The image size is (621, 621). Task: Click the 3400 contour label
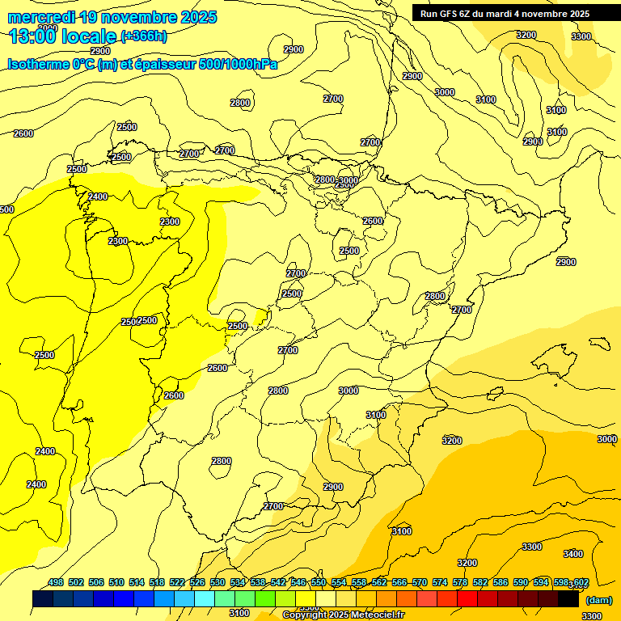(x=572, y=554)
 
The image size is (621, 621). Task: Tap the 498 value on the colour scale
(x=56, y=582)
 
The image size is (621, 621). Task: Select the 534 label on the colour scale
(x=238, y=582)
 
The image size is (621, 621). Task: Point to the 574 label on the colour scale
(x=440, y=582)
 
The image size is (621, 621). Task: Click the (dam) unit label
(x=599, y=599)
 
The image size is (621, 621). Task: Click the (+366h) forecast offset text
(x=144, y=36)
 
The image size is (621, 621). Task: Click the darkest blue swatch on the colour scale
(x=43, y=599)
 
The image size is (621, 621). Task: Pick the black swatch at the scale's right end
(x=568, y=599)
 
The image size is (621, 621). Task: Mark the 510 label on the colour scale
(x=116, y=582)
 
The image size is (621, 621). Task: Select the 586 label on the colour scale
(x=501, y=582)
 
